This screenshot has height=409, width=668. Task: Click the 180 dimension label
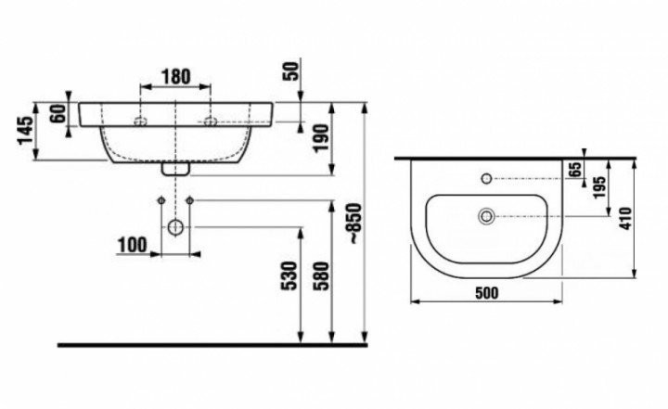(x=176, y=77)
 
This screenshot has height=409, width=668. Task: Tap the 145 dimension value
(x=26, y=131)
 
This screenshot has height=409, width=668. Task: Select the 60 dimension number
(x=58, y=113)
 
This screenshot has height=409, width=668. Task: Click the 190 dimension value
(x=321, y=137)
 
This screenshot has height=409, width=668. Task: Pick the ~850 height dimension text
(x=355, y=224)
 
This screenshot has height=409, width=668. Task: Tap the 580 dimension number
(x=322, y=276)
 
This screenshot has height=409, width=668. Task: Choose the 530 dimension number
(x=289, y=276)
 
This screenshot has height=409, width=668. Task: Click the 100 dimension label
(x=132, y=245)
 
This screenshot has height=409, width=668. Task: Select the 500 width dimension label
(x=486, y=293)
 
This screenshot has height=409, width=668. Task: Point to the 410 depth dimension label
(x=625, y=219)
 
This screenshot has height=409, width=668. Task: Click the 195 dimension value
(x=599, y=187)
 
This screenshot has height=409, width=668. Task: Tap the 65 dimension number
(x=575, y=170)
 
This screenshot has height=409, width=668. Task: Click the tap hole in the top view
(x=486, y=178)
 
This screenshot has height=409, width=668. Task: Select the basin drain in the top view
(x=486, y=216)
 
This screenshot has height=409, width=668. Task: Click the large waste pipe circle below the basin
(x=175, y=227)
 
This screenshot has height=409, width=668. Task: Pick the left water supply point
(x=161, y=200)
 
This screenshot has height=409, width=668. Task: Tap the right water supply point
(x=190, y=200)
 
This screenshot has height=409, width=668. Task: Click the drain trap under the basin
(x=175, y=169)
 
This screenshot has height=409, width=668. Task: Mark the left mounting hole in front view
(x=140, y=121)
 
